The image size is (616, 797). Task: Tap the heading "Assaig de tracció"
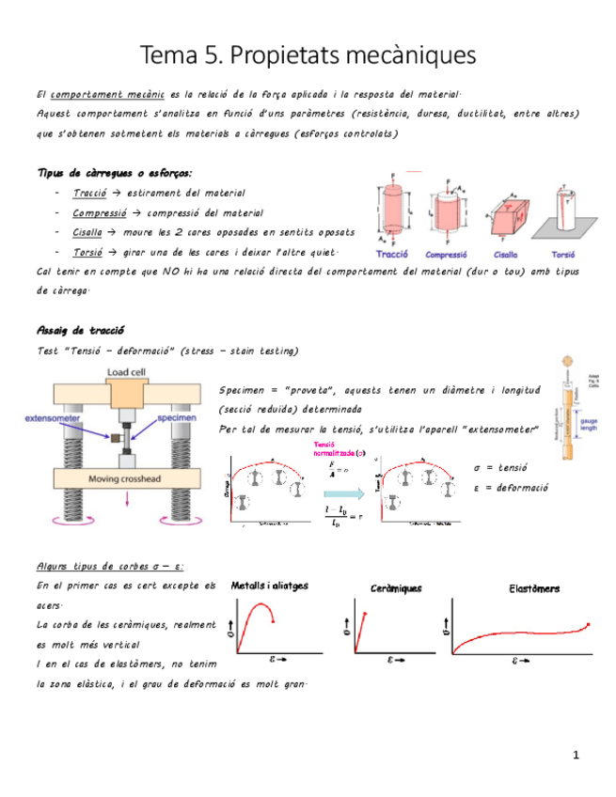coord(81,330)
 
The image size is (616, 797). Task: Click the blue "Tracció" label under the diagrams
coord(395,255)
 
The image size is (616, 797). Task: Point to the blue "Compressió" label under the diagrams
coord(448,255)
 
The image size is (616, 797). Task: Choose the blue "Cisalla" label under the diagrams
coord(507,255)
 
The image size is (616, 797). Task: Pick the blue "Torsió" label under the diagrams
coord(563,255)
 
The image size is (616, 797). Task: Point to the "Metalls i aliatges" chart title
coord(270,586)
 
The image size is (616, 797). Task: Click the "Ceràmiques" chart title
coord(395,588)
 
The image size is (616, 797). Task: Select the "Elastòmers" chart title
coord(533,588)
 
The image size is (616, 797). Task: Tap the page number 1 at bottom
coord(576,755)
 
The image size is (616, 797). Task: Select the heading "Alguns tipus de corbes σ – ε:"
coord(109,567)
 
